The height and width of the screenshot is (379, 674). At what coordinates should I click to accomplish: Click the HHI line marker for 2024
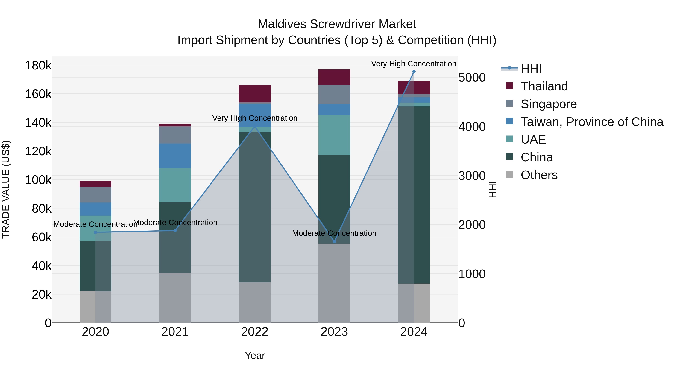pos(414,72)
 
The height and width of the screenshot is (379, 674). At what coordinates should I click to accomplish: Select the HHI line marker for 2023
pos(334,241)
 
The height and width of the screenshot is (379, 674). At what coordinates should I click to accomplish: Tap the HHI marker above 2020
pos(95,232)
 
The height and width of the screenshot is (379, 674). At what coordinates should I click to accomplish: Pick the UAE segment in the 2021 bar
pos(175,185)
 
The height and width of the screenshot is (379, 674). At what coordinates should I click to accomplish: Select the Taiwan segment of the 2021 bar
pos(175,156)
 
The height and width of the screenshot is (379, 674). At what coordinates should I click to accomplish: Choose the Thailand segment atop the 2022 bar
pos(255,93)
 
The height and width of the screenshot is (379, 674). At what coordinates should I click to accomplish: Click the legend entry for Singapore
pos(548,104)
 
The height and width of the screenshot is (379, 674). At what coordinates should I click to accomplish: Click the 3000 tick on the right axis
pos(472,176)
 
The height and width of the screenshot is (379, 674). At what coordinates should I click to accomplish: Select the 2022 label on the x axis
pos(255,332)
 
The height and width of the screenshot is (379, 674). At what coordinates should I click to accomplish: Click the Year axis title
pos(255,355)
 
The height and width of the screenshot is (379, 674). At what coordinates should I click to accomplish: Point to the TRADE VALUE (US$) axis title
pos(6,189)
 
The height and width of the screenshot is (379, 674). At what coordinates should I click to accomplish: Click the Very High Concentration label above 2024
pos(413,64)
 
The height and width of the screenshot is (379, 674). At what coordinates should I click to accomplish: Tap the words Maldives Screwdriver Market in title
pos(337,24)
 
